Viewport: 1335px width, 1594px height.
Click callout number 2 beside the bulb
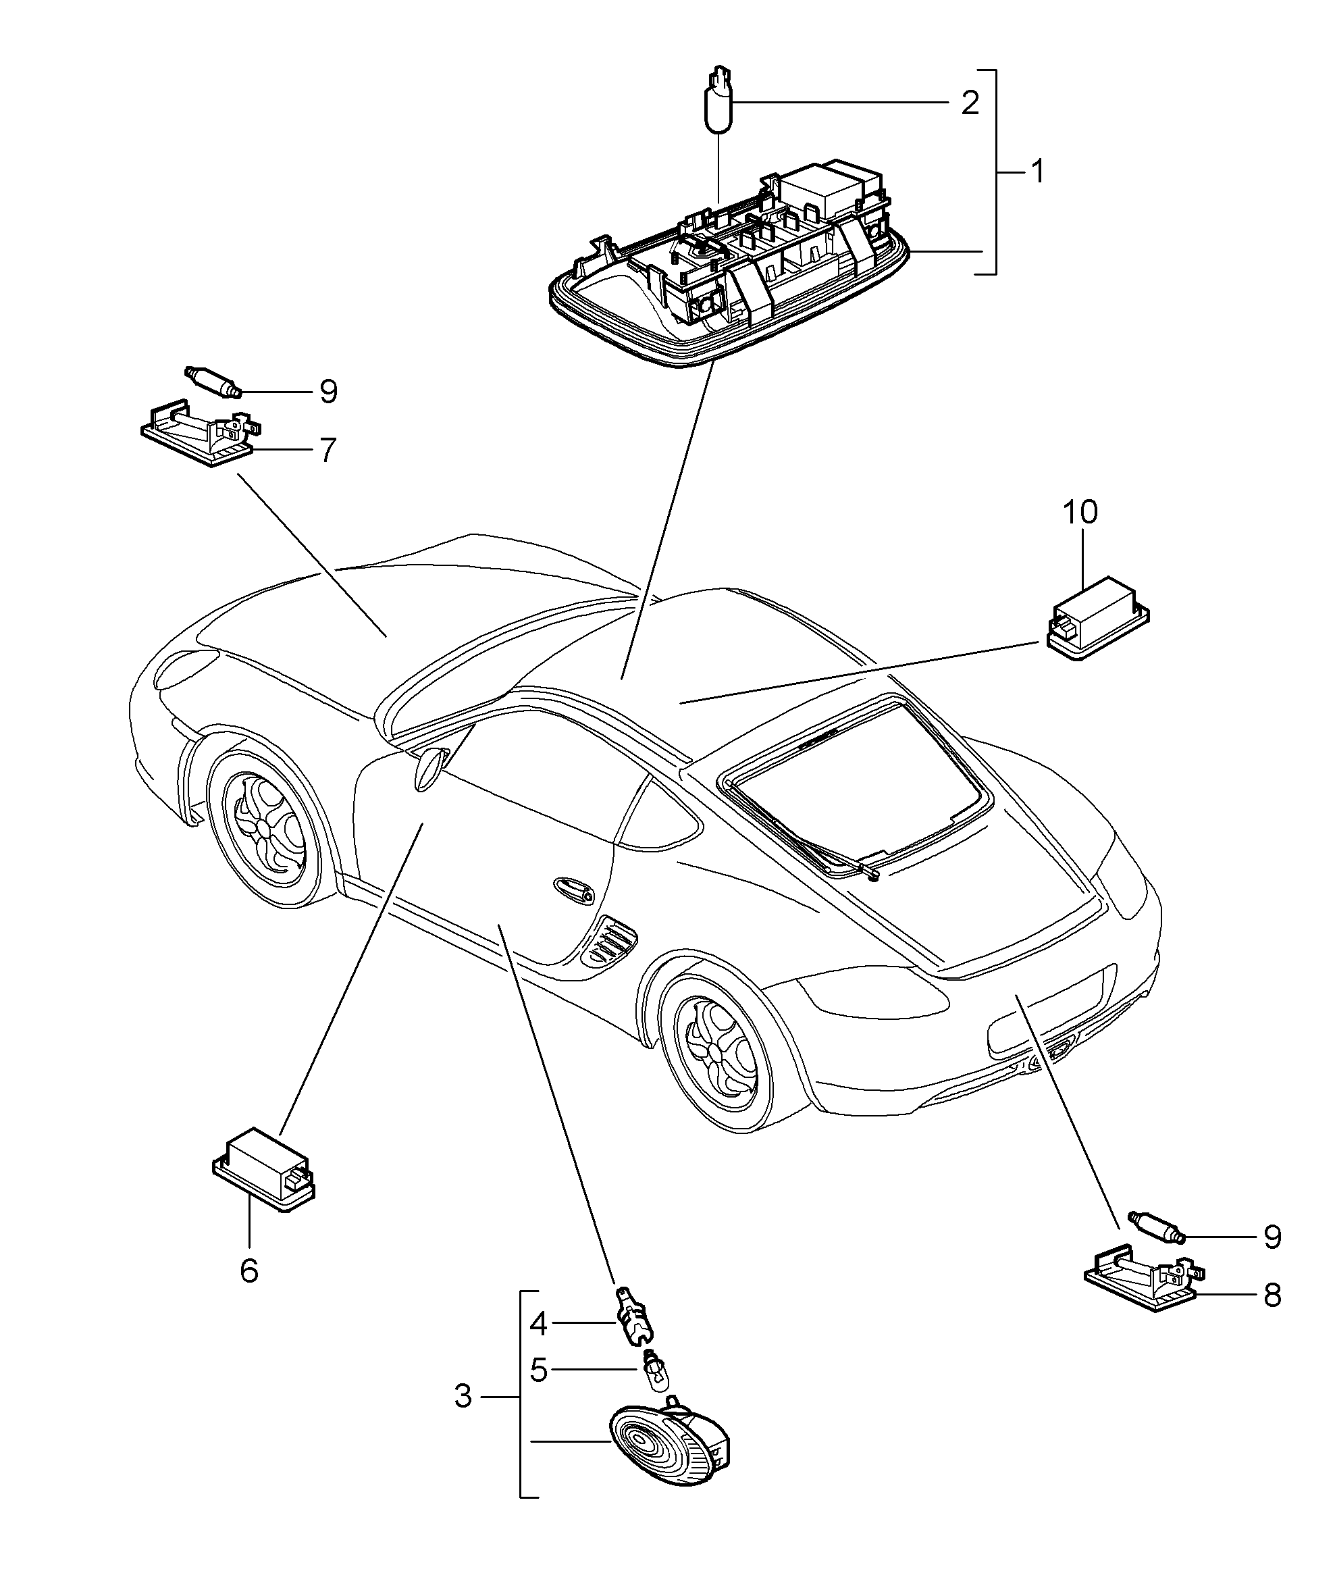click(969, 103)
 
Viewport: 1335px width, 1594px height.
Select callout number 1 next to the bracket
click(1036, 172)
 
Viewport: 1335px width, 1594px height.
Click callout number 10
click(1080, 513)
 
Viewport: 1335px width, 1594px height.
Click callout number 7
click(326, 451)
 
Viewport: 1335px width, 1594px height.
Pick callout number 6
click(249, 1270)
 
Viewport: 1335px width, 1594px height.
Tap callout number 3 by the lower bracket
click(464, 1396)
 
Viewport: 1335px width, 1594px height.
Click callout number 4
click(538, 1325)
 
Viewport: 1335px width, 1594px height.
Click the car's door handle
click(575, 890)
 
